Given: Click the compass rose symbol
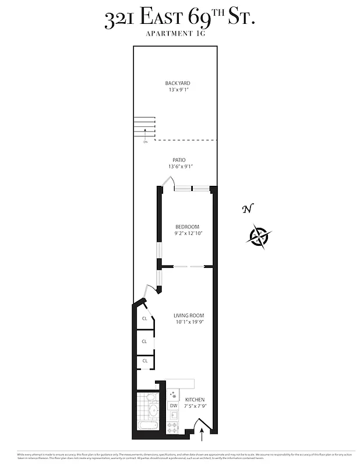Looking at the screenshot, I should click(x=259, y=237).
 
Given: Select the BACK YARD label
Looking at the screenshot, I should click(x=178, y=83).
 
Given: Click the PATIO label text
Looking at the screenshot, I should click(x=179, y=160).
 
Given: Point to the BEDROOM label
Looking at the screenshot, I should click(x=187, y=227).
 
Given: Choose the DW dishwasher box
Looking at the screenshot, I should click(x=174, y=405).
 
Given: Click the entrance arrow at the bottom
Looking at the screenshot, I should click(x=202, y=434).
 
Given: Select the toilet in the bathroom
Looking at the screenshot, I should click(x=151, y=398).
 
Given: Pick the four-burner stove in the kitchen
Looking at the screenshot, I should click(x=173, y=428).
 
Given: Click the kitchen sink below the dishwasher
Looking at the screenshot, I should click(x=173, y=416).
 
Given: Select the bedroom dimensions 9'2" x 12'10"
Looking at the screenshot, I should click(x=188, y=233).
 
